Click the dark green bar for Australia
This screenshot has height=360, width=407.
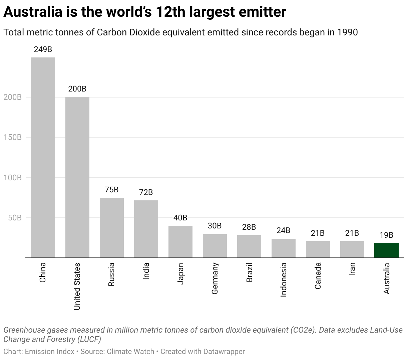pos(386,250)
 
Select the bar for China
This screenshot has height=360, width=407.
pos(43,157)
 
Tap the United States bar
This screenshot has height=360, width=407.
pos(77,177)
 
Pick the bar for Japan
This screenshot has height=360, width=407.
pos(180,241)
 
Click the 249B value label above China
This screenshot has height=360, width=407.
pos(43,50)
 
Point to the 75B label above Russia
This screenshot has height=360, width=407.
pos(111,190)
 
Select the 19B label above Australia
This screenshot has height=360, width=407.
pos(386,235)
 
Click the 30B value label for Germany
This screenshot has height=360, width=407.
pos(215,226)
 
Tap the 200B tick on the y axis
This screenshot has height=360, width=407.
pos(13,97)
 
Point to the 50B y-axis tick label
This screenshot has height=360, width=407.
pos(15,218)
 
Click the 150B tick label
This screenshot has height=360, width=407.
pos(13,137)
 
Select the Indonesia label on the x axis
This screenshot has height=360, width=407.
pos(284,280)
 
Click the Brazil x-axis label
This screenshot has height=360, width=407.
pos(249,273)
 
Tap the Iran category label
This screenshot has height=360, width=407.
pos(352,269)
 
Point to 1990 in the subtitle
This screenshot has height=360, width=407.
pos(347,32)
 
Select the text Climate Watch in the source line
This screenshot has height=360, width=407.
pos(130,352)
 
